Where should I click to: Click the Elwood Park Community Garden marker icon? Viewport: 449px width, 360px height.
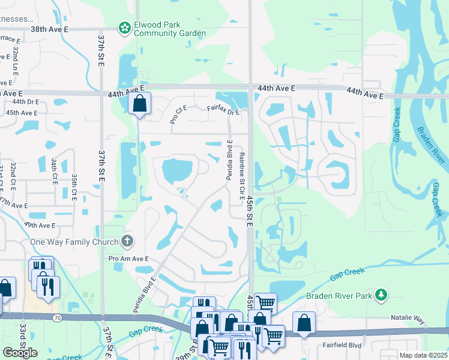(x=124, y=27)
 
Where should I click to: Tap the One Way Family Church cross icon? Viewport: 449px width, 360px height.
(x=127, y=241)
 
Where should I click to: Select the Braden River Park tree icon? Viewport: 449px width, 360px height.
(x=380, y=295)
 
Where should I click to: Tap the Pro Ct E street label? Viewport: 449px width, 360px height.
(x=178, y=113)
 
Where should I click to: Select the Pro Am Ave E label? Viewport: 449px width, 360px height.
(x=128, y=259)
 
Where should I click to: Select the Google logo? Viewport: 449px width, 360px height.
(x=20, y=353)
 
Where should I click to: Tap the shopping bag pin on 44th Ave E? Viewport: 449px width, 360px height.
(x=139, y=103)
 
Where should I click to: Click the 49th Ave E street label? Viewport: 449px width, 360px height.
(x=39, y=225)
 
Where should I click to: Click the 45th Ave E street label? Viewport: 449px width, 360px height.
(x=21, y=112)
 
